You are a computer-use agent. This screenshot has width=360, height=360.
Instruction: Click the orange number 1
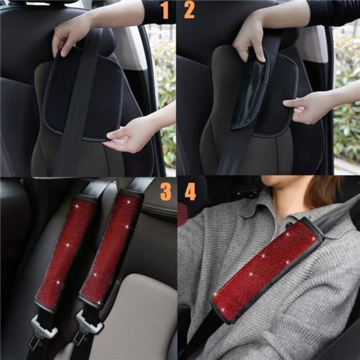(164, 10)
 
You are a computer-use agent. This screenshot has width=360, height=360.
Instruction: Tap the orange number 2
(189, 10)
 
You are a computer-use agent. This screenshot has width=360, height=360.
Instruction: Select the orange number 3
(166, 191)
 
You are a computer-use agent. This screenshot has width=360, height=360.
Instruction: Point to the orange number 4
(190, 191)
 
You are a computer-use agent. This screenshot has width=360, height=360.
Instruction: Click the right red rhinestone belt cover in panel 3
(110, 248)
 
